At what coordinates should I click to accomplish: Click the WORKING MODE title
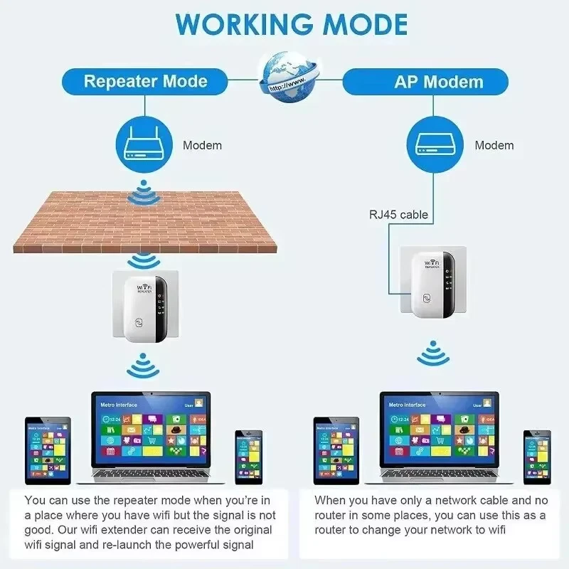coord(292,23)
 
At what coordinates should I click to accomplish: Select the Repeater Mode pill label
coord(145,81)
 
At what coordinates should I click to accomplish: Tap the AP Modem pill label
coord(439,82)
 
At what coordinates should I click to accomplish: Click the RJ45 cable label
coord(398,213)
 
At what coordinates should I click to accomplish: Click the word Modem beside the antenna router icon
coord(202,145)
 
